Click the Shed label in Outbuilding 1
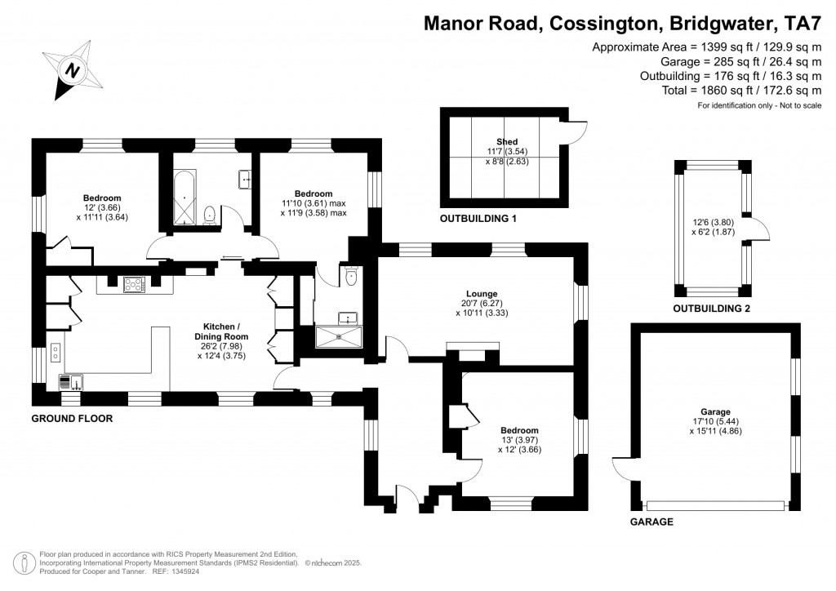point(506,142)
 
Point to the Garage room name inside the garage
point(714,411)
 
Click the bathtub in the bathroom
point(184,198)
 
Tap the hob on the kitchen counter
point(134,285)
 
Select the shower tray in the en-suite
point(338,334)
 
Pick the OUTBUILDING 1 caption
point(478,220)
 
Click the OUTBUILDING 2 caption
point(711,309)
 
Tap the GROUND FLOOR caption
point(72,419)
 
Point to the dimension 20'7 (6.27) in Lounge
point(482,303)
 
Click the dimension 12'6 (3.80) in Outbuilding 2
point(710,222)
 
